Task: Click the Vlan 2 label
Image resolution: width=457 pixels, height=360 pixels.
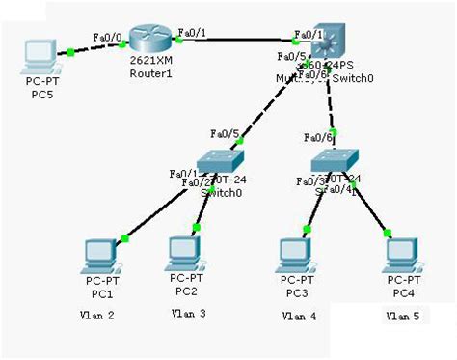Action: point(96,316)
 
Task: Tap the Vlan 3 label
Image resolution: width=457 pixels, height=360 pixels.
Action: point(187,314)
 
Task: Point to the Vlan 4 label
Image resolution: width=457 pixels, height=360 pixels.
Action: point(299,315)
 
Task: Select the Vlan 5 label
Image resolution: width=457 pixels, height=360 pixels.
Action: point(402,316)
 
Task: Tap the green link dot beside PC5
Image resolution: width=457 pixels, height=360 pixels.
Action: point(70,54)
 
